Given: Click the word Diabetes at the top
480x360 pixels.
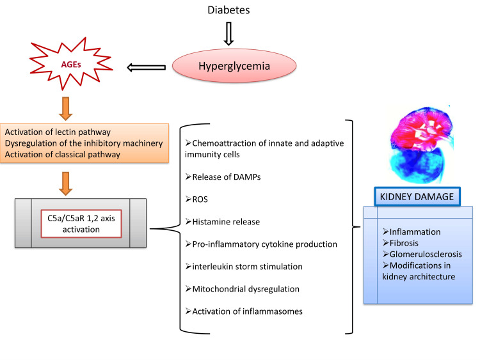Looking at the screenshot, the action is tap(228, 10).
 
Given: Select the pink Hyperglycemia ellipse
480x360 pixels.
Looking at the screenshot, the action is tap(234, 66).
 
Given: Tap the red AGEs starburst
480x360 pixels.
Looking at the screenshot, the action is tap(71, 64).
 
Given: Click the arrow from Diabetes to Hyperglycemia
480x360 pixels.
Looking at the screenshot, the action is tap(228, 33).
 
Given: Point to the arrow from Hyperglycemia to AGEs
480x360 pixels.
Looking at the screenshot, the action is tap(147, 67).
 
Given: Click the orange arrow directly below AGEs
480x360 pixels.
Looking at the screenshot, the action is tap(65, 109).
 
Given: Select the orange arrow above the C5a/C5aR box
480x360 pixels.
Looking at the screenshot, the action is tap(65, 184).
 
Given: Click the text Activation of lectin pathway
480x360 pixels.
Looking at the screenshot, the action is tap(58, 132).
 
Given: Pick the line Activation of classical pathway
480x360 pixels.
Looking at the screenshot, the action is tap(63, 155).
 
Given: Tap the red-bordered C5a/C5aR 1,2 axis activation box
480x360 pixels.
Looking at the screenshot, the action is tap(81, 224).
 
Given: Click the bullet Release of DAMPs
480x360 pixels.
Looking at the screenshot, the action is tap(223, 176).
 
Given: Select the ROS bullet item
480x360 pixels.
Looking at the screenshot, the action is tap(196, 199).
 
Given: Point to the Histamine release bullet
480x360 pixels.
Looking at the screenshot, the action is tap(223, 221).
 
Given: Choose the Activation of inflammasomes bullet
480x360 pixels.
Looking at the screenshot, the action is tap(244, 311).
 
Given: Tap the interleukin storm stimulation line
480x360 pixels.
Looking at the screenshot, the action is tap(244, 267).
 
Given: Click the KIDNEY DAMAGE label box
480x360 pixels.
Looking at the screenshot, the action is tap(417, 197).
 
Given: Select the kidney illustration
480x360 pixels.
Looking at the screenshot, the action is tap(421, 145).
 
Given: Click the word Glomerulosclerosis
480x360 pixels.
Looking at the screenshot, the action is tap(426, 254).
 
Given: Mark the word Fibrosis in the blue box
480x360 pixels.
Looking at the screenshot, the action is tap(404, 243).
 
